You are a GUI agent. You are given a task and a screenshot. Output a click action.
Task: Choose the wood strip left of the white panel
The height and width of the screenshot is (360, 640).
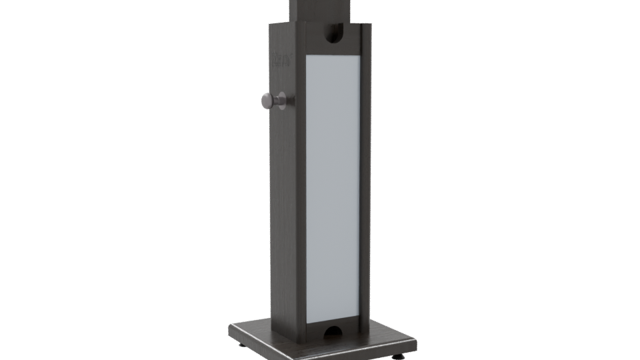click(x=300, y=187)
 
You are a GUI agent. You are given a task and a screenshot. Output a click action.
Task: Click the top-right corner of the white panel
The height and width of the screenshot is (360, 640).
click(x=361, y=55)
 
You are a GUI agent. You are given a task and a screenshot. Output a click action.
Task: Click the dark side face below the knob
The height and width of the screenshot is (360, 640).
click(x=283, y=220)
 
